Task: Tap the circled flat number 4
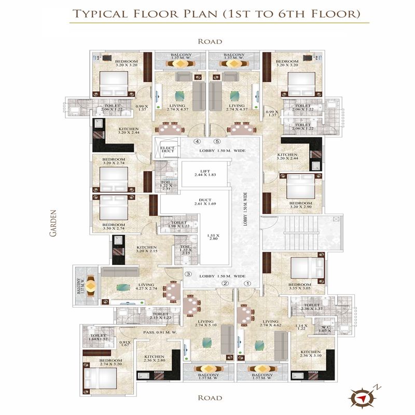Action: point(197,141)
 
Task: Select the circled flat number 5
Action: point(217,141)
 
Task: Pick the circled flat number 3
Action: point(189,274)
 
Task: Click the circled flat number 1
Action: point(248,283)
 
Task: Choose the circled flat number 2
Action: point(225,283)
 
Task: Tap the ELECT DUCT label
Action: point(166,150)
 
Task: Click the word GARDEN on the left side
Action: point(53,224)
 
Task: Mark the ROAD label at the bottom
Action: point(210,398)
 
